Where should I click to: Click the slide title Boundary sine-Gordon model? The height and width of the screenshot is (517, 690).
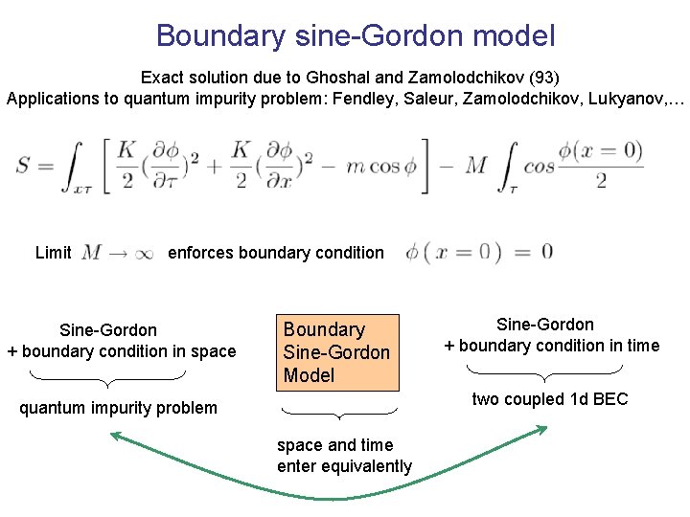(x=355, y=36)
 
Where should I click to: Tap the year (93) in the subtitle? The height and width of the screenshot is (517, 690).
(x=529, y=76)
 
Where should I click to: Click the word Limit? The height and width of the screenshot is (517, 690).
(x=53, y=253)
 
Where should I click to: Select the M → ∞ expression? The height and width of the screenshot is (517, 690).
(x=117, y=253)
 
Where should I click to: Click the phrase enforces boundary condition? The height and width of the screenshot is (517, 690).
(x=276, y=253)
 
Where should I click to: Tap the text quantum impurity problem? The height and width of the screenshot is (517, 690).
(x=119, y=408)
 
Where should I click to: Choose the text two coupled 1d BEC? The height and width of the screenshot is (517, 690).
(x=549, y=399)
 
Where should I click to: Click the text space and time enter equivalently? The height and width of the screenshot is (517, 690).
(x=344, y=456)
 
